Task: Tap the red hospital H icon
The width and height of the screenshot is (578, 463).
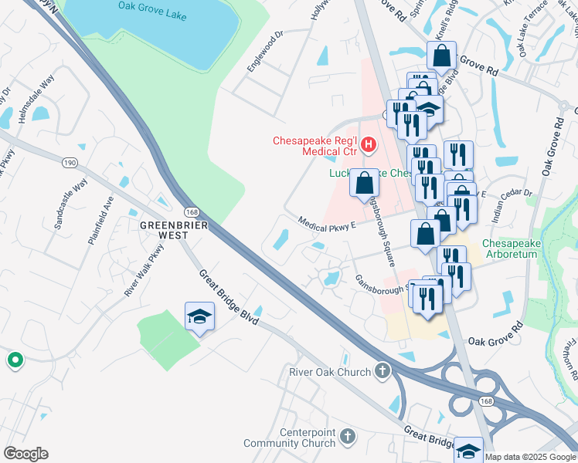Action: tap(368, 144)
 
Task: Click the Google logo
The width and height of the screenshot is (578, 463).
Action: tap(25, 454)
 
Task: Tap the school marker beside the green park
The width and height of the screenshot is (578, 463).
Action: tap(199, 316)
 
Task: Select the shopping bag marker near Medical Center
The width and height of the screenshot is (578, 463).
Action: tap(365, 184)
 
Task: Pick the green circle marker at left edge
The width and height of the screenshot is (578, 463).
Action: tap(14, 360)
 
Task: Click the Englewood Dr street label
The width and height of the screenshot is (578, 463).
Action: tap(266, 51)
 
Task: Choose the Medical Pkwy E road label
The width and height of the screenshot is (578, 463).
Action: tap(326, 223)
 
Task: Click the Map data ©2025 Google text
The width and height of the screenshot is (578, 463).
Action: tap(530, 457)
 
